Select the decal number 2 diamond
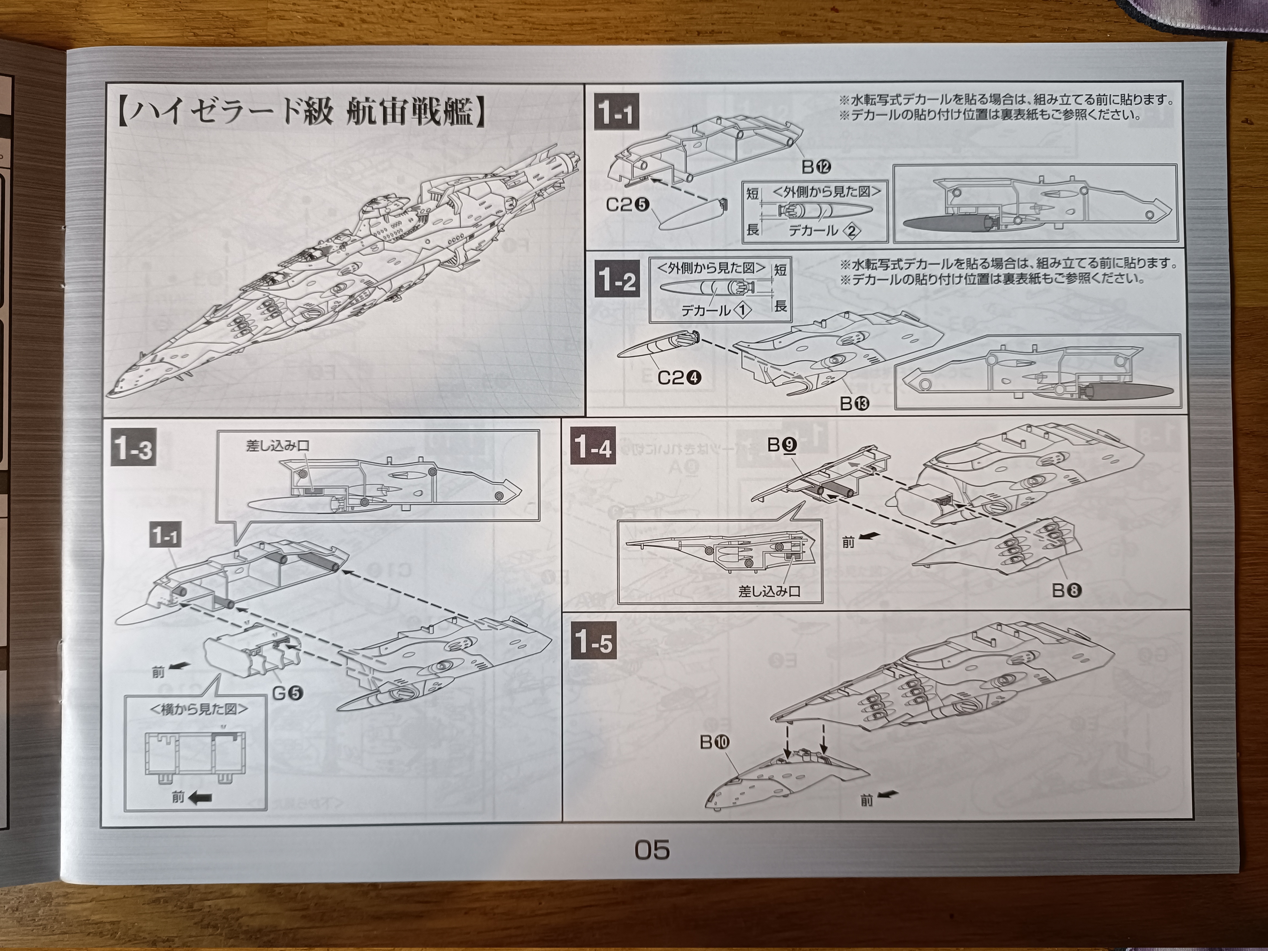click(x=852, y=231)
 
